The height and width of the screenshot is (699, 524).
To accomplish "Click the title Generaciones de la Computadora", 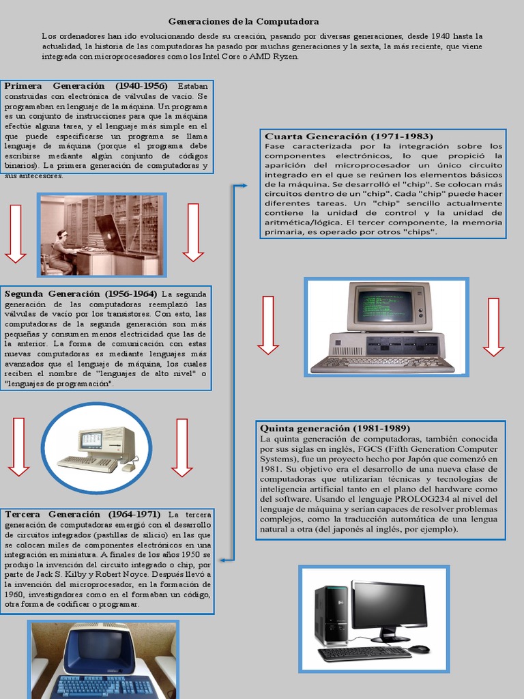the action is tap(244, 22).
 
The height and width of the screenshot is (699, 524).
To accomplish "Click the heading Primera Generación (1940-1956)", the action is tap(86, 86).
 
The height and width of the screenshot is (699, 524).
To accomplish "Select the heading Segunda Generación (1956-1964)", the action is tap(81, 294).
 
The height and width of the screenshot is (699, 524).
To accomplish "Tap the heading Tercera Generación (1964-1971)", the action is tap(83, 514).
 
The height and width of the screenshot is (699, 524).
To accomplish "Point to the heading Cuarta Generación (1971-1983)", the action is tap(349, 137).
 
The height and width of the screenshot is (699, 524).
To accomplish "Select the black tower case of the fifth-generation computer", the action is tap(330, 614).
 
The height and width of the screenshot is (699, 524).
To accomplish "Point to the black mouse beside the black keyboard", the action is tap(420, 648).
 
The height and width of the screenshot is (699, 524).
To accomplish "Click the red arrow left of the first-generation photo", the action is tap(15, 232).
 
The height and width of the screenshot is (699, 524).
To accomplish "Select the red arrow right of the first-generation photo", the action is tap(193, 232).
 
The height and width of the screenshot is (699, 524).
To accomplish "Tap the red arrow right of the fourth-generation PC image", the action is tap(493, 326).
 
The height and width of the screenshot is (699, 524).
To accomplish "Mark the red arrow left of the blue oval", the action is tap(18, 446).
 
